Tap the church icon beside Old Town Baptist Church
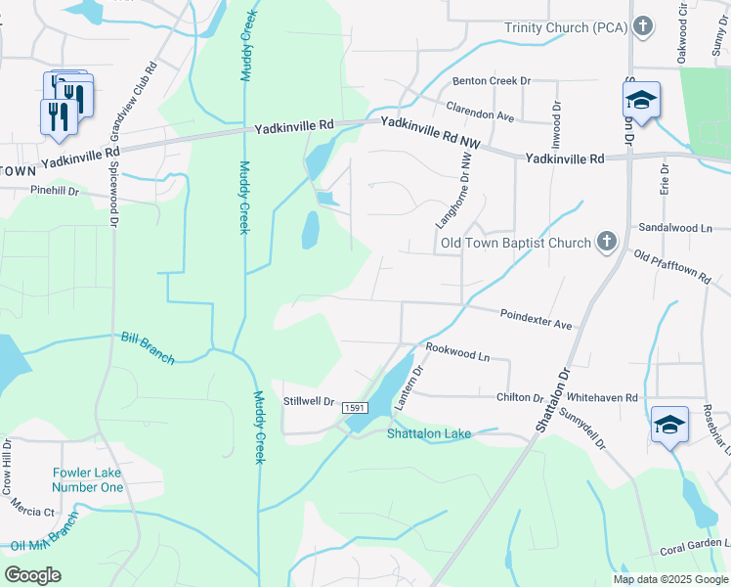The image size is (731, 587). pos(607,242)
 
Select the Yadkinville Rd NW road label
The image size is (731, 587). pos(431,133)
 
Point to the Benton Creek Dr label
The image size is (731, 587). pos(490,81)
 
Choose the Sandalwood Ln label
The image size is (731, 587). pos(673,227)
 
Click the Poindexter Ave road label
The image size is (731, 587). pos(536,318)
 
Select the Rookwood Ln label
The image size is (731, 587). pos(456,352)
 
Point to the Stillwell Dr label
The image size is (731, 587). pos(308,401)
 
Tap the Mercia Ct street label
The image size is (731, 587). pos(33,511)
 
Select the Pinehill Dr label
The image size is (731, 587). pos(54,191)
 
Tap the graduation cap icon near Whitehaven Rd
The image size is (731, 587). pos(670,426)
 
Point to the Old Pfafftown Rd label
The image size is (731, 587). pos(671,267)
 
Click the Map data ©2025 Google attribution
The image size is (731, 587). pos(669,579)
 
